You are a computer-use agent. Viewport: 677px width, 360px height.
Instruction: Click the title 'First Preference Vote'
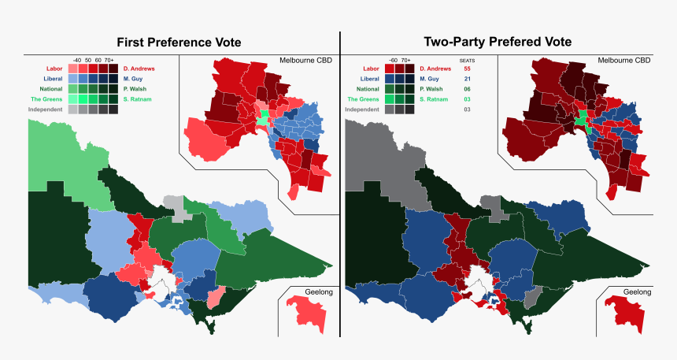click(179, 42)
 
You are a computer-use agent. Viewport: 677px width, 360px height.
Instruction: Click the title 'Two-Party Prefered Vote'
click(498, 42)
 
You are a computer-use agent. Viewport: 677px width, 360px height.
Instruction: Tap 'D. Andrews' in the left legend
click(139, 69)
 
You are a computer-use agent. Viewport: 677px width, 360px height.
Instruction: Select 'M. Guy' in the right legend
click(430, 79)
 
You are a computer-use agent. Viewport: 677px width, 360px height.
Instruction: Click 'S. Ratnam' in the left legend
click(138, 99)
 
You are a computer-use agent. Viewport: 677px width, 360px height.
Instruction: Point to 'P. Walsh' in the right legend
click(432, 89)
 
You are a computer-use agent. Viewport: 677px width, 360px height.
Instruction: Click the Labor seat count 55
click(467, 69)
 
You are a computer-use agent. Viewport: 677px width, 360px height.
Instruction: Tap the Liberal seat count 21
click(467, 79)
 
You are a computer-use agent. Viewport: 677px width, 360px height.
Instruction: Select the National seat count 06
click(467, 89)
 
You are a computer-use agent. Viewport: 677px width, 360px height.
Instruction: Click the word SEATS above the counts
click(467, 60)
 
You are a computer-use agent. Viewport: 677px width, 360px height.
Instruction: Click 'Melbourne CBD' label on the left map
click(306, 61)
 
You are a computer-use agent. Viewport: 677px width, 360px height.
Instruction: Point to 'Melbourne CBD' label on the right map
click(624, 61)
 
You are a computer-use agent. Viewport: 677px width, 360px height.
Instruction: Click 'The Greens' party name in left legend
click(46, 99)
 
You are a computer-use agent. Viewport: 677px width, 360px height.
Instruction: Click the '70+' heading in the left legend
click(108, 60)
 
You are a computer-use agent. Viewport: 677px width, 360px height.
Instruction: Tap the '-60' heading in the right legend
click(393, 60)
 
